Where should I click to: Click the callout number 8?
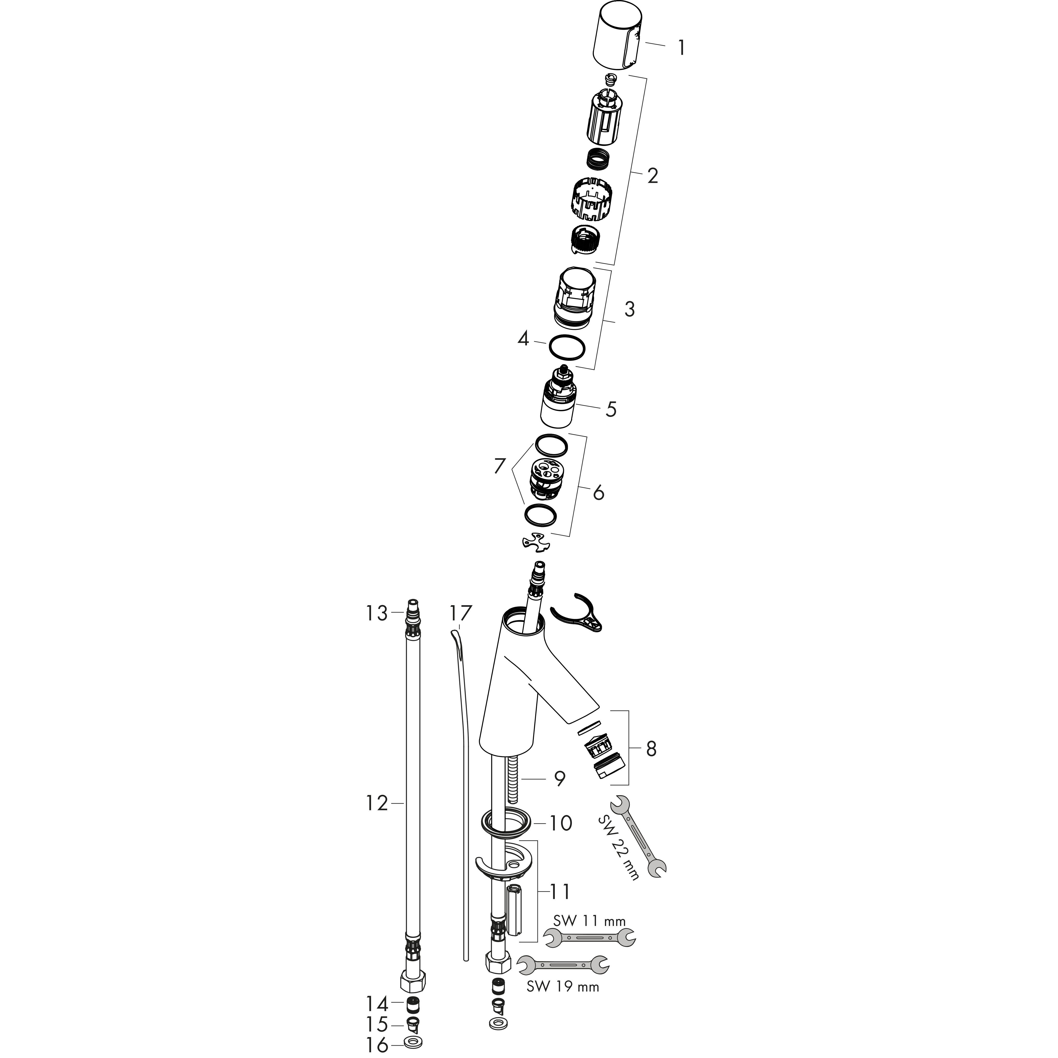point(651,749)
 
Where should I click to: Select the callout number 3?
point(629,309)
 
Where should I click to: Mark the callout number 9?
point(559,778)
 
